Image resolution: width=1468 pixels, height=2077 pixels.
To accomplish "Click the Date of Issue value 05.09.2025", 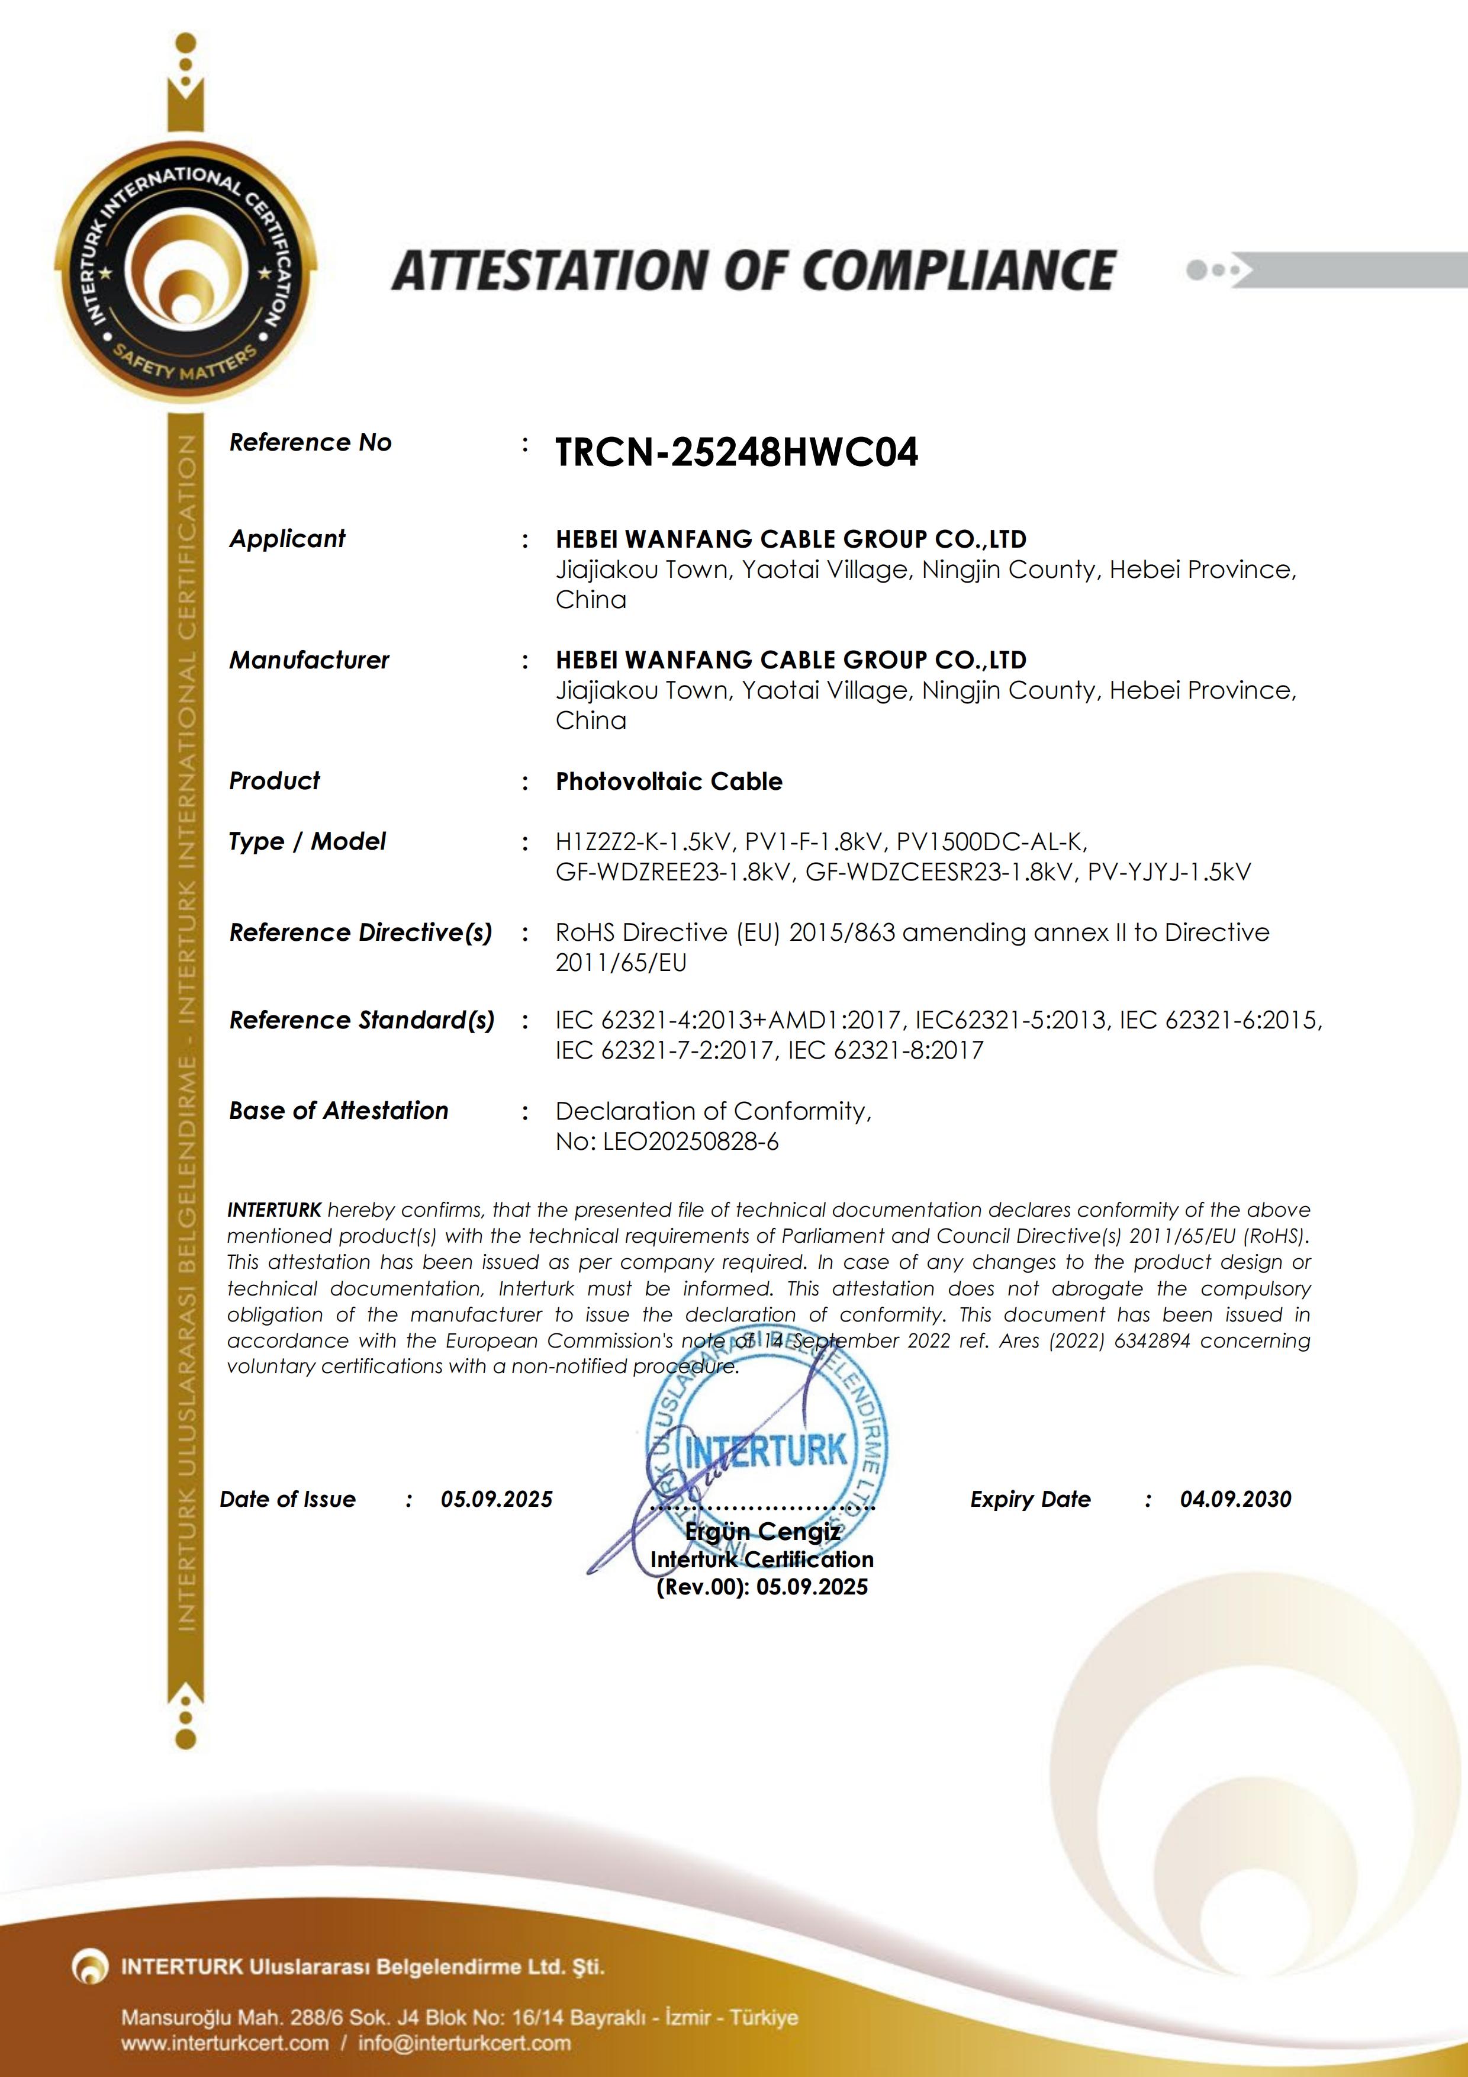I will (x=495, y=1499).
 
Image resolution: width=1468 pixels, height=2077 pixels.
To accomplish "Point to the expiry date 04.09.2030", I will (x=1235, y=1499).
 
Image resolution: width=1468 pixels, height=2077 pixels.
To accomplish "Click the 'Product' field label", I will (x=274, y=781).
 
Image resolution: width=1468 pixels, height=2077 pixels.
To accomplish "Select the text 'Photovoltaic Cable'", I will (x=668, y=782).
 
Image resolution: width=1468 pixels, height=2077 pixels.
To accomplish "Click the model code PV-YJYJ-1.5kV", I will (x=1168, y=872).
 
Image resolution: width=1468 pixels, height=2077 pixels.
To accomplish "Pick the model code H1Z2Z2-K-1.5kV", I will (x=642, y=842).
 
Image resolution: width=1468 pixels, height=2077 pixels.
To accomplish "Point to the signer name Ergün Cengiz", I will (x=762, y=1532).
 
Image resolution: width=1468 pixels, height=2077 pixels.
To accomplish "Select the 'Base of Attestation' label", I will (x=338, y=1111).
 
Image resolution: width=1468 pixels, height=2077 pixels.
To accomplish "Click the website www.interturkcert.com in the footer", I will (x=225, y=2043).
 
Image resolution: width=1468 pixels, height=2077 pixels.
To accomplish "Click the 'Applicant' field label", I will (x=286, y=539).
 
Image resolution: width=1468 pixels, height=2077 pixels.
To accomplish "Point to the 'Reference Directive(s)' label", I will (x=360, y=933).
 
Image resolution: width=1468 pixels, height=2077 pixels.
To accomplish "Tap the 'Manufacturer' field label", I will (x=308, y=660).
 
